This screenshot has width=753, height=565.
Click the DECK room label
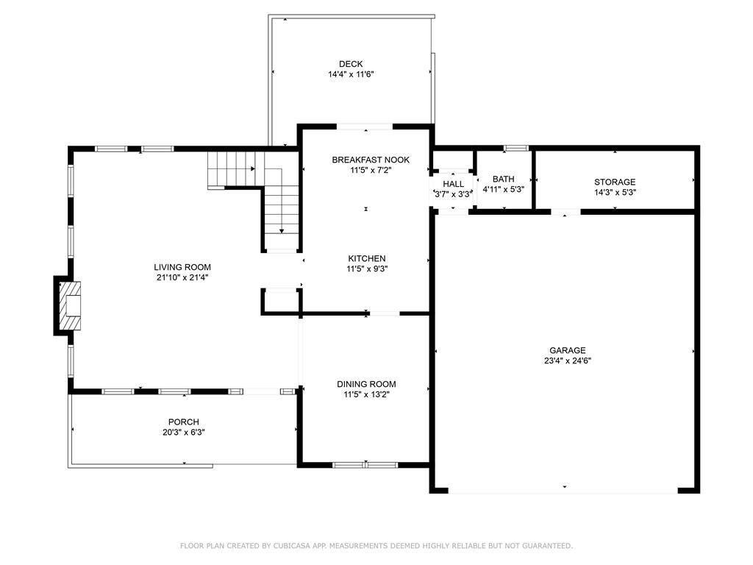coord(351,64)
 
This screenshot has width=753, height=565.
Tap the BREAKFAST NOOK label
coord(371,160)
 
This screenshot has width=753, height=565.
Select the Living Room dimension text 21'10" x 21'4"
coord(182,277)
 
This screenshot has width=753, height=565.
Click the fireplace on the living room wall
coord(67,305)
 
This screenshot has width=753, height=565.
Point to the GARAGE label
coord(568,351)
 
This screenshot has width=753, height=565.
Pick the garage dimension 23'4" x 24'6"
coord(568,361)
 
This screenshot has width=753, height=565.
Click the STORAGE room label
coord(615,182)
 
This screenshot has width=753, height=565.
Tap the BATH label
coord(503,180)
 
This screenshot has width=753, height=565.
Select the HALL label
coord(453,184)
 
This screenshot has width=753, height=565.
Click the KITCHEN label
coord(367,258)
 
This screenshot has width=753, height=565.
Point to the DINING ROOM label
coord(366,384)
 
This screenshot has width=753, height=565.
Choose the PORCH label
coord(183,422)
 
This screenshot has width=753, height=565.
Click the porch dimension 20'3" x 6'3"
coord(183,433)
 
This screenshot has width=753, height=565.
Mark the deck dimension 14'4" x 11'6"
coord(351,74)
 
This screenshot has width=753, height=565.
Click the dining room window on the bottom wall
coord(365,465)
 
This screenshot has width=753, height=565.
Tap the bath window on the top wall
coord(516,148)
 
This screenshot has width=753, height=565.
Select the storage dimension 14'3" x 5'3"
coord(615,193)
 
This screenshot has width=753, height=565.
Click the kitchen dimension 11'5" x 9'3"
coord(367,269)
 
